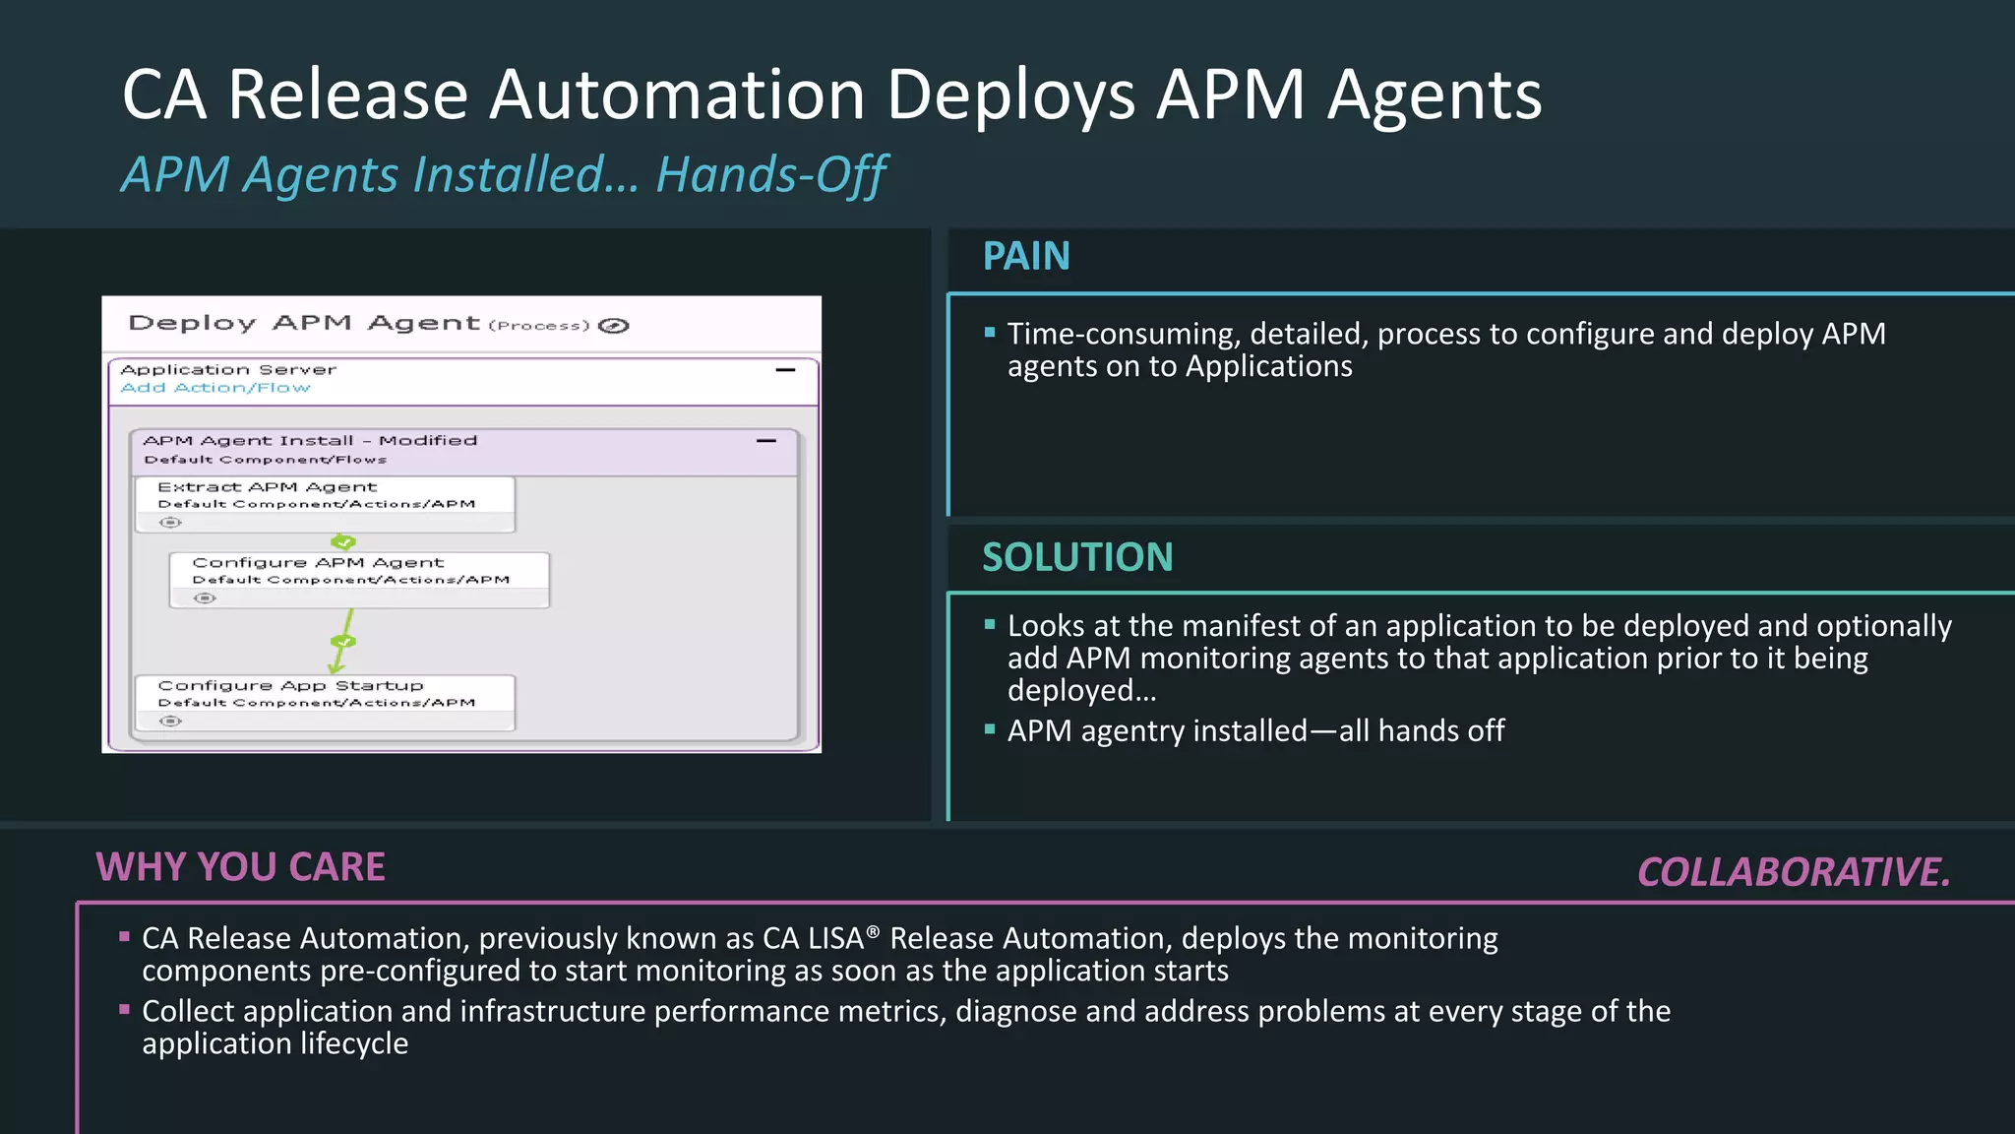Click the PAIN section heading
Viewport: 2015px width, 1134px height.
pos(1026,257)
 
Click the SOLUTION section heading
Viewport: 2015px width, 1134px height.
pos(1077,558)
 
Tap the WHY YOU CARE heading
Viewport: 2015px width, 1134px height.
pos(240,867)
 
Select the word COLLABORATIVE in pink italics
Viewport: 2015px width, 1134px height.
pos(1793,872)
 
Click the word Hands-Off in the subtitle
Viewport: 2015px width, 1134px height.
pos(771,175)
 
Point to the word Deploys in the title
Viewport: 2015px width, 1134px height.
pos(1010,95)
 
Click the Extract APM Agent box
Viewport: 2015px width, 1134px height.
pos(325,495)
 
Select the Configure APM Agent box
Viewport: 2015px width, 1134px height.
pos(359,571)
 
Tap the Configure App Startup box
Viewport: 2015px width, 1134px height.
pos(325,694)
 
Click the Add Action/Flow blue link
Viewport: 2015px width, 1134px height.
pos(215,388)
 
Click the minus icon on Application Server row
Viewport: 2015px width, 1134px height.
pos(785,370)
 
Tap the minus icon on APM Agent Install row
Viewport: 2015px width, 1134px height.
pos(766,441)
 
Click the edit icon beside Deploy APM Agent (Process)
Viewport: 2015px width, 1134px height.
pos(614,326)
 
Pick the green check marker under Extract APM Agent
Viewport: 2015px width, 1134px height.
pos(343,542)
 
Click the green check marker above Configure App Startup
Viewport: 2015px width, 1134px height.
pos(343,642)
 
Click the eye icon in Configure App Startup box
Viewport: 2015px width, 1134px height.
pos(170,722)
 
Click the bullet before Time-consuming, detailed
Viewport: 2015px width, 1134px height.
pos(990,333)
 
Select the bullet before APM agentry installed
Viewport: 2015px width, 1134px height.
pos(990,729)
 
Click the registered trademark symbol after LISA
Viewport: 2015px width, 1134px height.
pos(873,931)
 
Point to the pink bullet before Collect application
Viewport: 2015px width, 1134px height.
pos(125,1009)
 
